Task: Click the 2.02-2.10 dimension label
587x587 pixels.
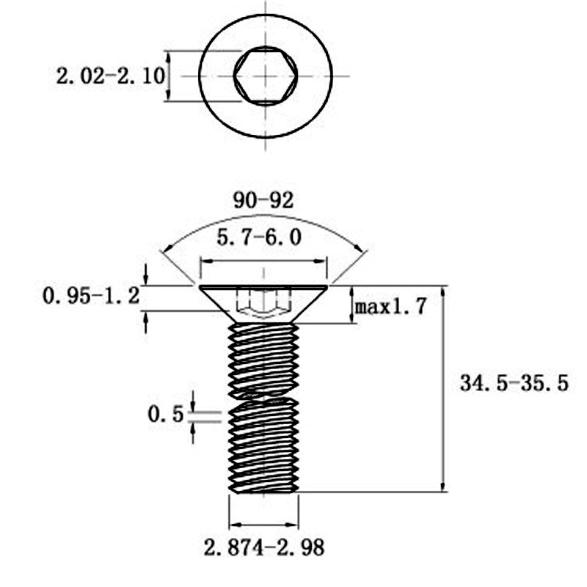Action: click(110, 76)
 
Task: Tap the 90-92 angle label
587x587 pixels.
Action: click(263, 200)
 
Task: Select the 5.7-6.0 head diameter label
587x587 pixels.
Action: click(263, 238)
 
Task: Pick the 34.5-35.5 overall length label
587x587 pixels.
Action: click(514, 383)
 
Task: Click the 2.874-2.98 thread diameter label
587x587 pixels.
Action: click(263, 547)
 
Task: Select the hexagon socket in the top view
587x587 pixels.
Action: click(265, 76)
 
